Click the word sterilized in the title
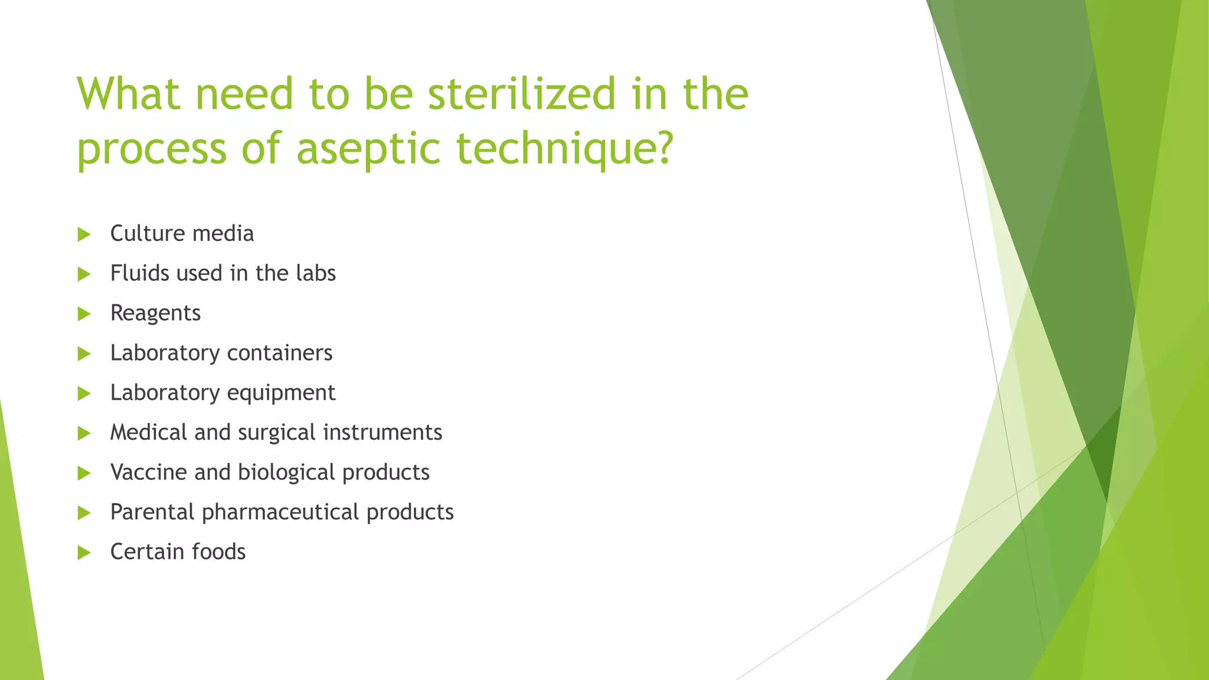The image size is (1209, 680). (x=522, y=94)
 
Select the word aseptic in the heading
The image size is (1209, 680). (x=368, y=149)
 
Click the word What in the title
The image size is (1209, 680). (x=129, y=94)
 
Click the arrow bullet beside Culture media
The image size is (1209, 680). (x=84, y=234)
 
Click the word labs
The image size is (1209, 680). (x=316, y=273)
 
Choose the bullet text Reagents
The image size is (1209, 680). (x=155, y=313)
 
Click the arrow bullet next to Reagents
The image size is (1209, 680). (x=84, y=314)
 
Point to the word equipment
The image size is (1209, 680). (x=281, y=393)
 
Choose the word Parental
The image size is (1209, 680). (x=152, y=512)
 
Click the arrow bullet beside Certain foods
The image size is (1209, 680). (x=84, y=552)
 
